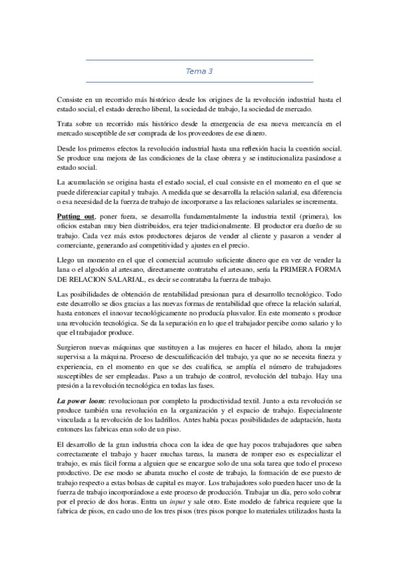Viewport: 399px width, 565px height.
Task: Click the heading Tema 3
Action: [x=199, y=71]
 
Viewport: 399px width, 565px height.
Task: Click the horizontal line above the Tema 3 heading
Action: [x=199, y=60]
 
